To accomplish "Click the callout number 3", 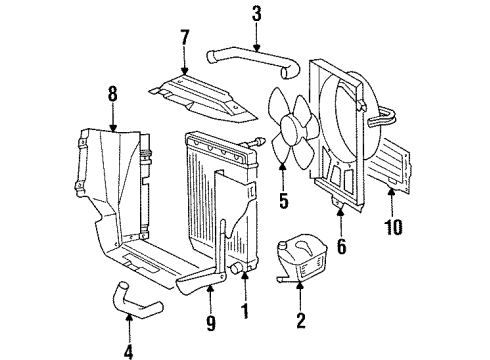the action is (256, 14).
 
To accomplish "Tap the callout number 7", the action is (184, 37).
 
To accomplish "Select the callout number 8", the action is (113, 94).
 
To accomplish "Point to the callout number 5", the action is (283, 201).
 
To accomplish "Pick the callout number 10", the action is (393, 227).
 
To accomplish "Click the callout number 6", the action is (342, 246).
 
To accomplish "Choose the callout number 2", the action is (301, 320).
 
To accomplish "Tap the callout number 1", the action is (245, 311).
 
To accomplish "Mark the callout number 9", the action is (211, 323).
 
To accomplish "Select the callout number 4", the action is (128, 351).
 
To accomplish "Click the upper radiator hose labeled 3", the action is (253, 61).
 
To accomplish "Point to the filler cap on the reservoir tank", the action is (282, 246).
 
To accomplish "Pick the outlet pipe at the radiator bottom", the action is (236, 269).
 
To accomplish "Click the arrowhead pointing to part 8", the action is (113, 127).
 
